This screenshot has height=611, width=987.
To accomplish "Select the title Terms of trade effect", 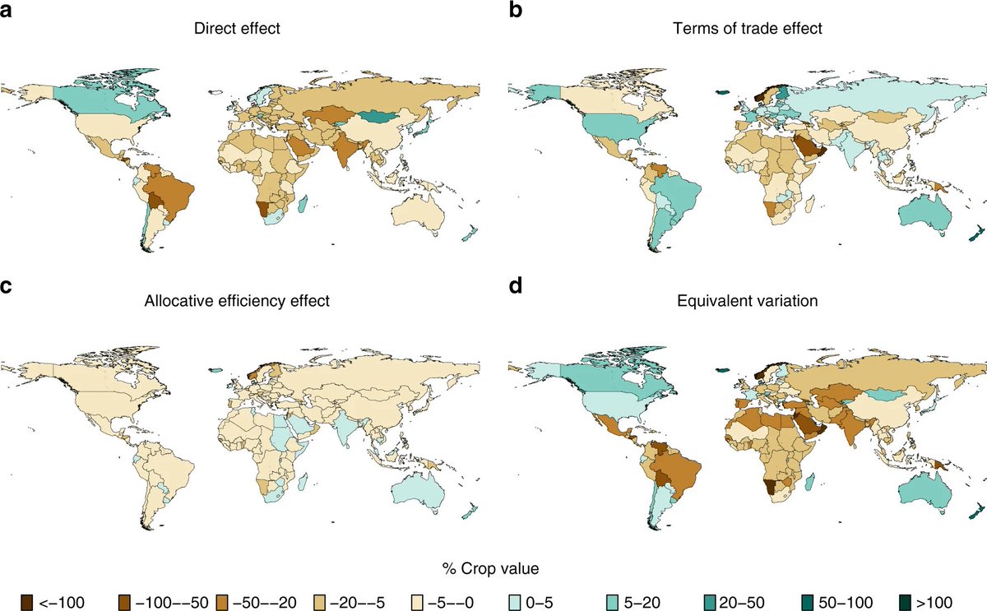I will point(744,30).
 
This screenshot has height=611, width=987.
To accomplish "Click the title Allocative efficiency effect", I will point(236,301).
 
